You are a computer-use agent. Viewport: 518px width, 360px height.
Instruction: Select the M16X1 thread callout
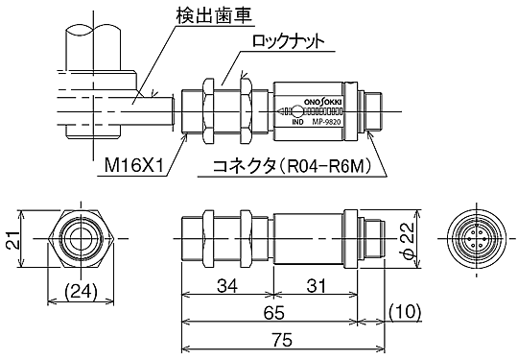(x=132, y=167)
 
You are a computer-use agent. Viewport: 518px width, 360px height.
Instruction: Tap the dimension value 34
(x=226, y=286)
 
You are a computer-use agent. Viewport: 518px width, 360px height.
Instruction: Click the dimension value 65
(x=273, y=311)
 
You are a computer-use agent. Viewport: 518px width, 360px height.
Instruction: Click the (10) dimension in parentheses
(x=404, y=311)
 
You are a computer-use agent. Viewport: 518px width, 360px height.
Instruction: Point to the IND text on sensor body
(x=298, y=123)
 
